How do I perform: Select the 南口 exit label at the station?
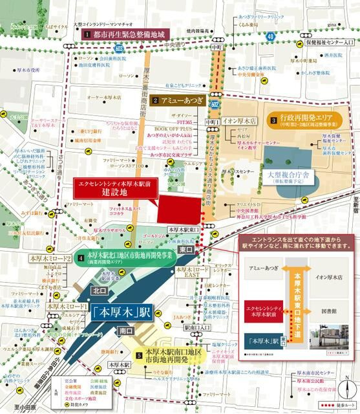pyautogui.click(x=127, y=331)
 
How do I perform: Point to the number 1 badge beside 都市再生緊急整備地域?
pyautogui.click(x=85, y=33)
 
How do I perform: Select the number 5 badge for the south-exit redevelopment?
pyautogui.click(x=139, y=354)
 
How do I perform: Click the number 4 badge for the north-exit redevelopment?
pyautogui.click(x=80, y=259)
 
